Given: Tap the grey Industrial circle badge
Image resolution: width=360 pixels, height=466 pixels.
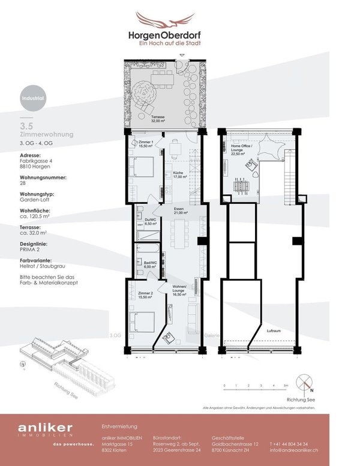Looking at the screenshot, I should pos(32,96).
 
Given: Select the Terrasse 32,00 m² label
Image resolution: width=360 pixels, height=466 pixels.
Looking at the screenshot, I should pos(158,119).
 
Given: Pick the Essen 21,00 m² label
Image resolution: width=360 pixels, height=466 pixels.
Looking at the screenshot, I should pos(181,211).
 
